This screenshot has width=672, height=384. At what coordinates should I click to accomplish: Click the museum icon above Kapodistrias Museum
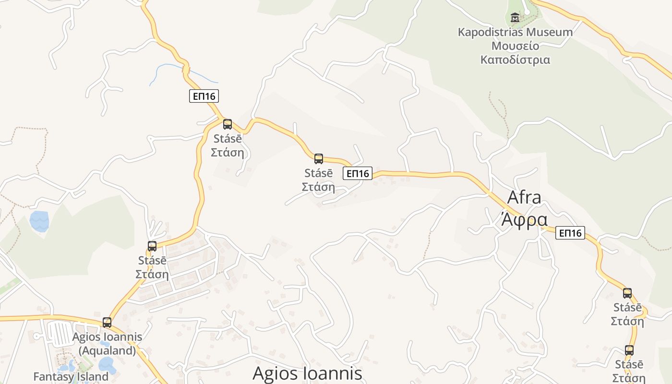515,18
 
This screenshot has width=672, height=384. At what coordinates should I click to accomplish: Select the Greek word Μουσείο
515,46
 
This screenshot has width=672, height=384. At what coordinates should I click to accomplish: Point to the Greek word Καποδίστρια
515,60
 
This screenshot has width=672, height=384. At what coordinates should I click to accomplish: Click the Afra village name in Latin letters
524,197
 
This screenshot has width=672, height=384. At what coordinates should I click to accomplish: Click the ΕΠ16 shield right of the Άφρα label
570,233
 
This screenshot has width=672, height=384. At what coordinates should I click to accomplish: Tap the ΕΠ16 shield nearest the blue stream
204,96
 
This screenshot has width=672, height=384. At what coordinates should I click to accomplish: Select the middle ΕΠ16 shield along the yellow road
358,173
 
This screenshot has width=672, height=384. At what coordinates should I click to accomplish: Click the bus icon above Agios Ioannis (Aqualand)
107,323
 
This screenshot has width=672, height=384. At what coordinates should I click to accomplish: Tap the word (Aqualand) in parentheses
107,350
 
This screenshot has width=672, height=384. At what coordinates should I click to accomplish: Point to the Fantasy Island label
71,376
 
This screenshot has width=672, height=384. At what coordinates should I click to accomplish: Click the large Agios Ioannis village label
307,373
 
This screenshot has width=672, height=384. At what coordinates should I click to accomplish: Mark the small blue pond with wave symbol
39,221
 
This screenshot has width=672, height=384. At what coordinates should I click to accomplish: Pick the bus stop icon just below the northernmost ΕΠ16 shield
228,124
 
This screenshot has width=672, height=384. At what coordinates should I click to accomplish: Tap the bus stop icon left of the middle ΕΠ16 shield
318,159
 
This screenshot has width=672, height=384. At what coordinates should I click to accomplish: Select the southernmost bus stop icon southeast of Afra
629,350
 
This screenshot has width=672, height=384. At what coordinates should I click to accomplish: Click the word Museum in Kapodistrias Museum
551,33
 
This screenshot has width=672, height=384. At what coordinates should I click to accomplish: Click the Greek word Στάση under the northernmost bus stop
228,153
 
